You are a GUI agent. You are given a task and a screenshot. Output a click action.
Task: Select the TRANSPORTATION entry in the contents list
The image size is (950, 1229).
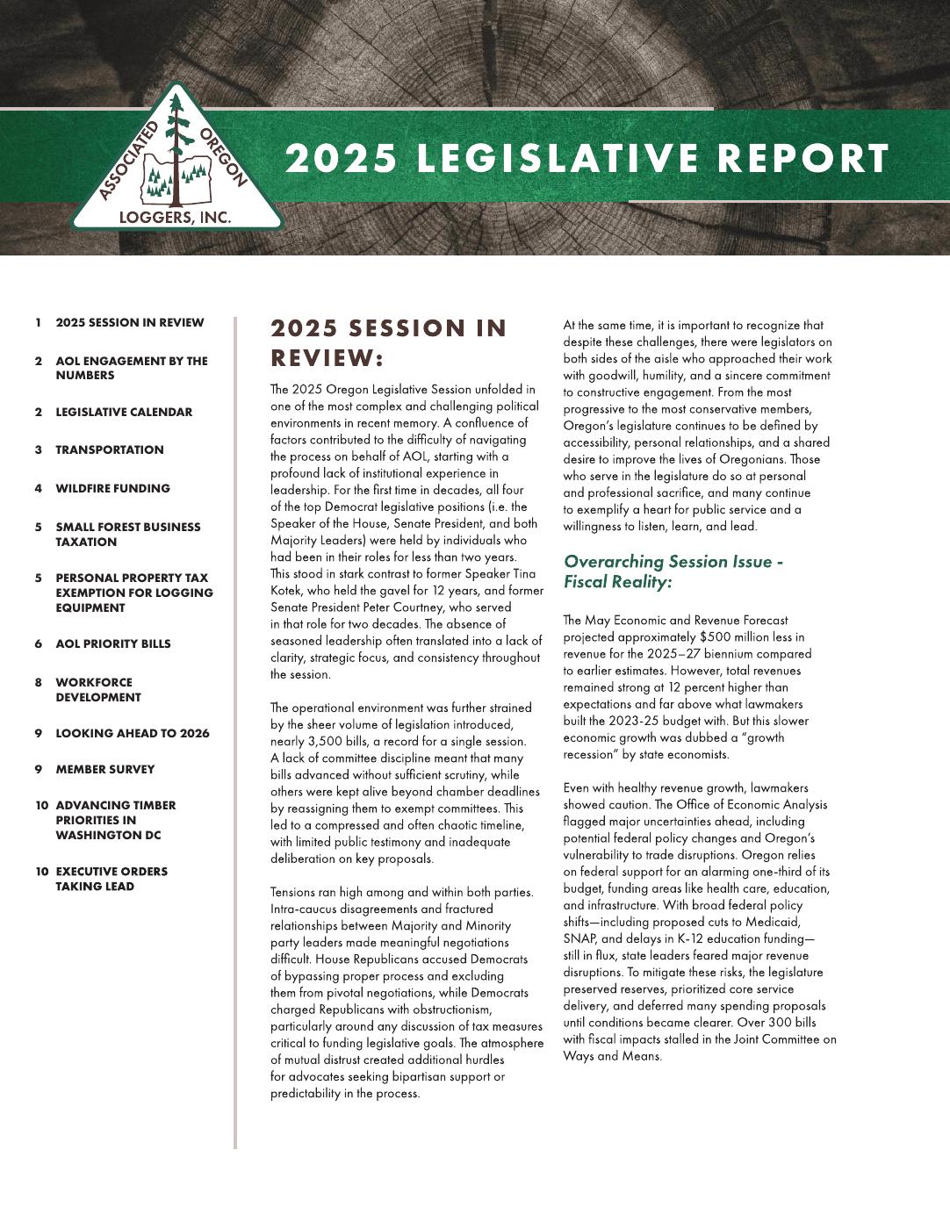tap(110, 450)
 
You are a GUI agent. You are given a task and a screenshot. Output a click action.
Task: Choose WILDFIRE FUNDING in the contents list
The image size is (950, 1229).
tap(112, 489)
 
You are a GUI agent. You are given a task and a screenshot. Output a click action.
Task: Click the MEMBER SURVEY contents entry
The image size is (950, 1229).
tap(105, 770)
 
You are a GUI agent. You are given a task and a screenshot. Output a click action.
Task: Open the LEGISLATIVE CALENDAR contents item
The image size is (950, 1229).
tap(124, 413)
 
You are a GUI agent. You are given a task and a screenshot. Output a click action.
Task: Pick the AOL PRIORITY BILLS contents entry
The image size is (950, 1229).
tap(113, 644)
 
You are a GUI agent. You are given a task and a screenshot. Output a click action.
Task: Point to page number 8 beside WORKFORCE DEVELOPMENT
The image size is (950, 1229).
tap(39, 682)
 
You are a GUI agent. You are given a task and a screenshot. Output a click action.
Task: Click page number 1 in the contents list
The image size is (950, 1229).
tap(39, 323)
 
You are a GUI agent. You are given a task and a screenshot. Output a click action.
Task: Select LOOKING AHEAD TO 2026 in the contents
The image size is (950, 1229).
tap(133, 734)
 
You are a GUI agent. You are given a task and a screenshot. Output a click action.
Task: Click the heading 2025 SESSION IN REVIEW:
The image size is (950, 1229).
tap(388, 342)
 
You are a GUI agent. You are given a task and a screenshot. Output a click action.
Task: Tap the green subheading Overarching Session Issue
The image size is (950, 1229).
tap(673, 562)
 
